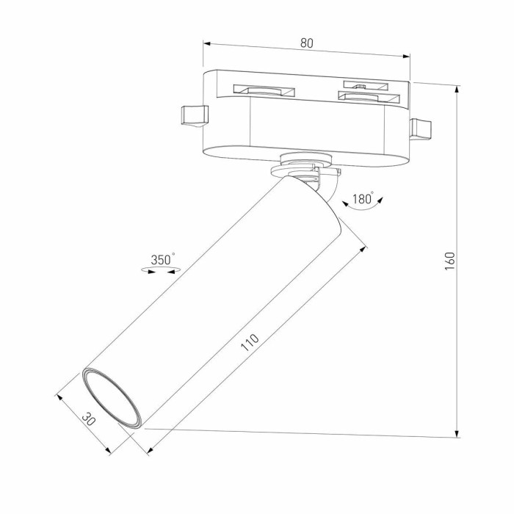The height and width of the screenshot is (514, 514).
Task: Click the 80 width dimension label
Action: click(306, 43)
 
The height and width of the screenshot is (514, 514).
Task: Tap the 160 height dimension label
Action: click(450, 261)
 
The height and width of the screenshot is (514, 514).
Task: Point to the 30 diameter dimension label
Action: click(89, 420)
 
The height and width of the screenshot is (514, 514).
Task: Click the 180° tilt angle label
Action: click(363, 198)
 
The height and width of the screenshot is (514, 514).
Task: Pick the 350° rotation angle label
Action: click(162, 259)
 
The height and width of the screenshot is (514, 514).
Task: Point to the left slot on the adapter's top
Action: click(265, 90)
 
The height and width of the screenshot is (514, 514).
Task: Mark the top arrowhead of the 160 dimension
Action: click(457, 90)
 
